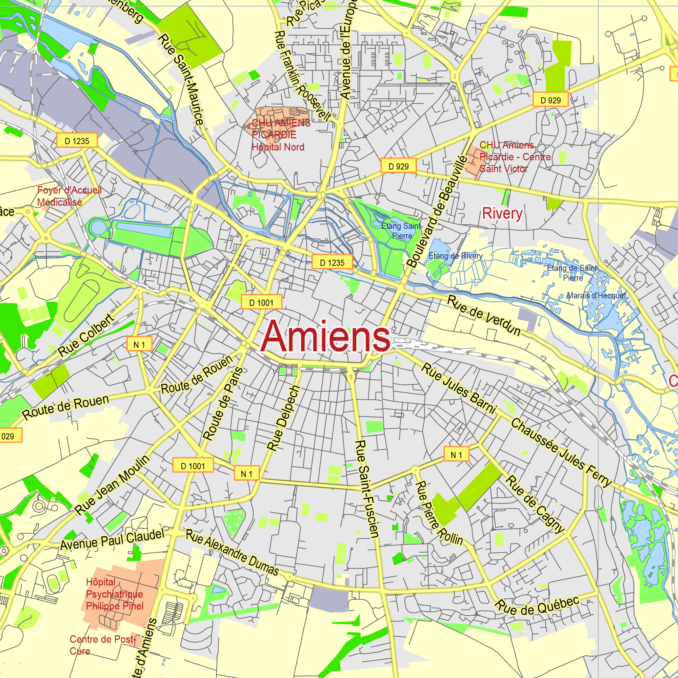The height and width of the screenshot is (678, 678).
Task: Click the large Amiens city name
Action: click(326, 336)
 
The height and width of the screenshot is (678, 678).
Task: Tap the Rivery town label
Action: click(502, 213)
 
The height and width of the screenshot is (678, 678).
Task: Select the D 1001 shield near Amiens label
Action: click(261, 302)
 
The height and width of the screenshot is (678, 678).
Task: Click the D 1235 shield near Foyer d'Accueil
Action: click(77, 141)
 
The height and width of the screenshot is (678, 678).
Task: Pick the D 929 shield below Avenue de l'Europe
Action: click(398, 166)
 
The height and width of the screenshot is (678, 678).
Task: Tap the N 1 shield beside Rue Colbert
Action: click(139, 344)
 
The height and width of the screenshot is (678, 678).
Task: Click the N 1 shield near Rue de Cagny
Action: click(456, 455)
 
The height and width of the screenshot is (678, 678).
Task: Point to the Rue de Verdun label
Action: click(484, 316)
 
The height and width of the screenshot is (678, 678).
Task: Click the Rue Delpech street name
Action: click(283, 418)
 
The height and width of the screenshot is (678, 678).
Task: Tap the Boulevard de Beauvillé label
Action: click(437, 212)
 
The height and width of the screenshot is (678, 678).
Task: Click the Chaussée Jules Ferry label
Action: click(561, 453)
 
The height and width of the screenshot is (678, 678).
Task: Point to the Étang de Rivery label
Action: click(455, 256)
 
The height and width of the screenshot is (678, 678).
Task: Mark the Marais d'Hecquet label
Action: click(596, 296)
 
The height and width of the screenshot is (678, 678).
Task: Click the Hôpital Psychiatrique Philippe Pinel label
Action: click(114, 594)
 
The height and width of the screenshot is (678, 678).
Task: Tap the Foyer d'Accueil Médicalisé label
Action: click(69, 196)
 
